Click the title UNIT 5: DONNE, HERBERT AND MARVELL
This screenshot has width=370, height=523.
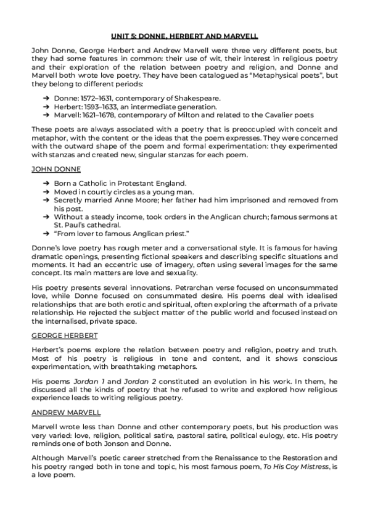[185, 36]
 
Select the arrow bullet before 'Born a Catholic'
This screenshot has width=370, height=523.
[47, 184]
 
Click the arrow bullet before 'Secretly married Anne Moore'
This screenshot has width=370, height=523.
[47, 200]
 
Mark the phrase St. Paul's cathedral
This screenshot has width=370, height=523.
[86, 225]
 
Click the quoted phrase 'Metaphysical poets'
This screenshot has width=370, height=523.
[265, 75]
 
